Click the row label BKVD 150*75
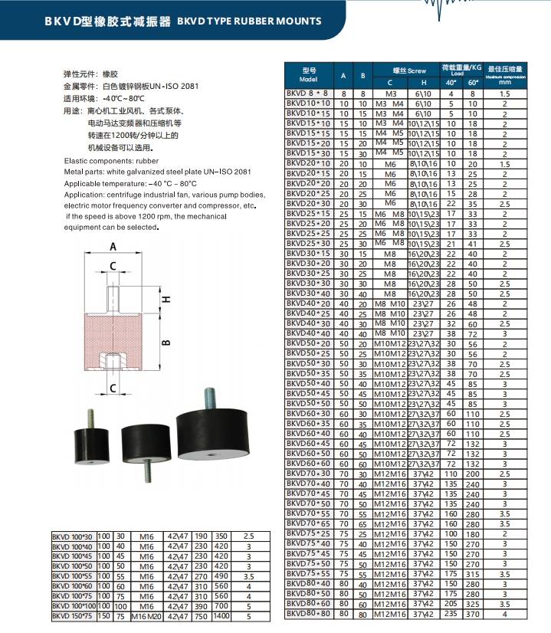[71, 615]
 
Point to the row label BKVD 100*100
[72, 605]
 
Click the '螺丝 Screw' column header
[405, 70]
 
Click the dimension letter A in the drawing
[112, 247]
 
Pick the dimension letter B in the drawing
[166, 343]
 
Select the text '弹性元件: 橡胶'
[90, 74]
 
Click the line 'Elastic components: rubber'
[111, 162]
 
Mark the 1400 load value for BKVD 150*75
[222, 615]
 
